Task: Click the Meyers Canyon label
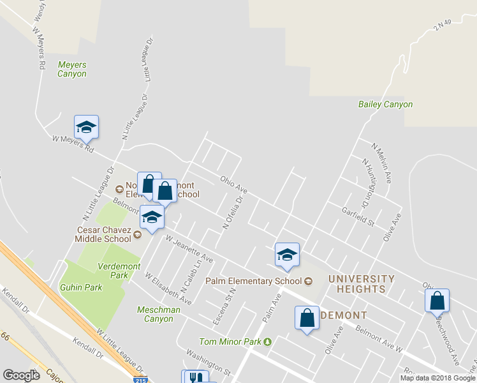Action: point(71,69)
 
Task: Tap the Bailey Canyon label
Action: point(385,104)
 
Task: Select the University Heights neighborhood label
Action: point(361,284)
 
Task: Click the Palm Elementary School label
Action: point(253,281)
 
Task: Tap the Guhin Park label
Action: point(81,287)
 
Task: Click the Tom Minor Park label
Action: point(230,342)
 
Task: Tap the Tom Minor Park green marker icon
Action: point(268,342)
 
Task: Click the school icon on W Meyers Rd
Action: point(86,127)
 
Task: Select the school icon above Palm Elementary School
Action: point(287,255)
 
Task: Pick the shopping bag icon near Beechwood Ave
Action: point(437,301)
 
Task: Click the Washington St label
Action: point(207,361)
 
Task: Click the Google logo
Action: point(21,375)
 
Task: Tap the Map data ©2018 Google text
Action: point(437,378)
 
